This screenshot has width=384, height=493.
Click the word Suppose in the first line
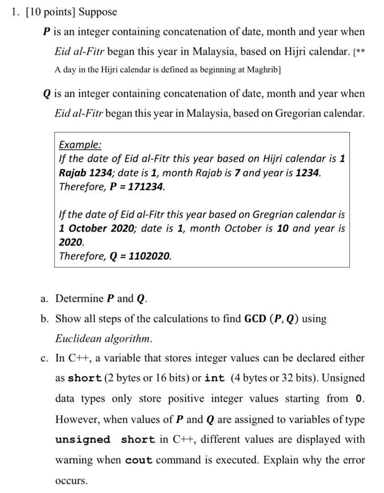(x=98, y=12)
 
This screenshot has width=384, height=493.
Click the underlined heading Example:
(x=80, y=145)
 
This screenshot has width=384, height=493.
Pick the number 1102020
(x=150, y=256)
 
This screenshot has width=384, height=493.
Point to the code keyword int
(x=215, y=378)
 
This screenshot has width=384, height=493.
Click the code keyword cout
(x=139, y=461)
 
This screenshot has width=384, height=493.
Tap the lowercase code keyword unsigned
(x=83, y=440)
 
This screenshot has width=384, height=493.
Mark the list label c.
(x=44, y=358)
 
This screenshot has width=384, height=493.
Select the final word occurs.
(x=70, y=481)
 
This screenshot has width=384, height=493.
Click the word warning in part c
(x=73, y=460)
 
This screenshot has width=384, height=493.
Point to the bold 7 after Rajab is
(x=238, y=173)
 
